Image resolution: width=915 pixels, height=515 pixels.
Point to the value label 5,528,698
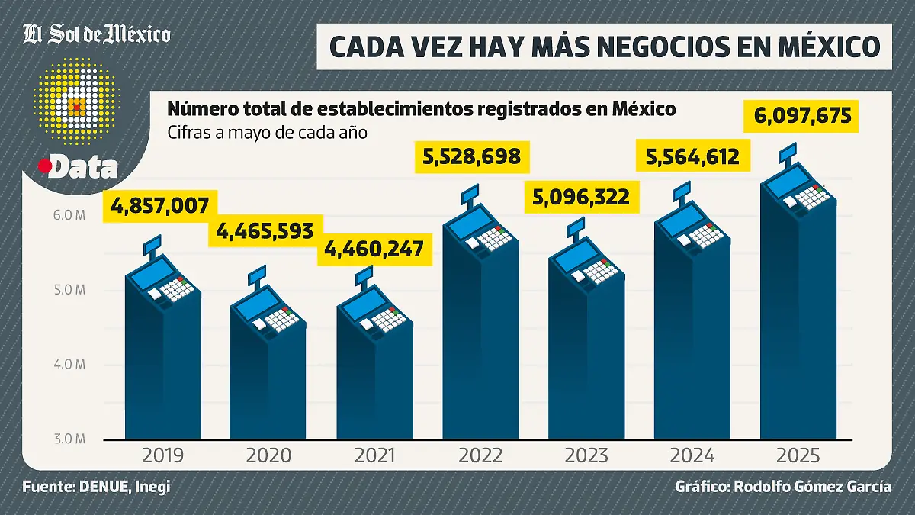coord(471,157)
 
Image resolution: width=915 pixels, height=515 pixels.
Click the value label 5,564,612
coord(692,157)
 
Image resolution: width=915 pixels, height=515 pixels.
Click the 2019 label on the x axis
coord(162,456)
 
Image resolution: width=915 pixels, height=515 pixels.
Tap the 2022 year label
coord(480,456)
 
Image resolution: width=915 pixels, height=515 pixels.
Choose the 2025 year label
coord(798,456)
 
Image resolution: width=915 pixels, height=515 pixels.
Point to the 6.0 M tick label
coord(69,216)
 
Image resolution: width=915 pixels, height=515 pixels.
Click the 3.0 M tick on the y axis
coord(69,439)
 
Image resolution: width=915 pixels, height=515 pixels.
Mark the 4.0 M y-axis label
coord(69,365)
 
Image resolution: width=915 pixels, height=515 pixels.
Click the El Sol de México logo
coord(96,34)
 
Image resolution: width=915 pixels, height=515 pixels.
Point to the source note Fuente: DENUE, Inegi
coord(96,487)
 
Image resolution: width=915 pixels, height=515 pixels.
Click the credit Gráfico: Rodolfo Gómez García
coord(782,487)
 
